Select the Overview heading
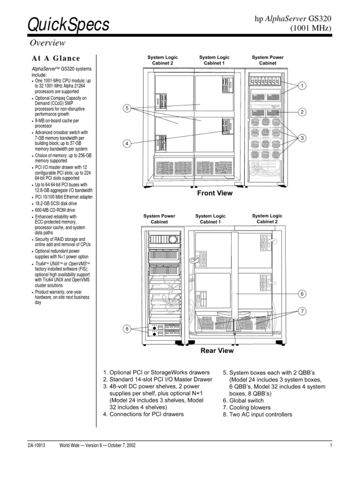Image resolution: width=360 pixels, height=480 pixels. (x=47, y=43)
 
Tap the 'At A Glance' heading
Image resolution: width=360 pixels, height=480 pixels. (x=56, y=59)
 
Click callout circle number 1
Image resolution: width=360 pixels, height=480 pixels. (x=303, y=86)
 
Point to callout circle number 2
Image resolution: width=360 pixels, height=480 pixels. (x=303, y=112)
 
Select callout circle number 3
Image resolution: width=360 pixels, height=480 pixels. (x=303, y=138)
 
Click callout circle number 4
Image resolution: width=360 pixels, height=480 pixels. (x=127, y=143)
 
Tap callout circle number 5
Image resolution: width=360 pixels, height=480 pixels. (x=127, y=109)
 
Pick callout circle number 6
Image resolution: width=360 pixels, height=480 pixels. (x=303, y=293)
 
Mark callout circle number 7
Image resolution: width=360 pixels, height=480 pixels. (x=303, y=311)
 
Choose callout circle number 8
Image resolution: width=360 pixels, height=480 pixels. (x=127, y=329)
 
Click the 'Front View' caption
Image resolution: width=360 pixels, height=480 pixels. (x=215, y=193)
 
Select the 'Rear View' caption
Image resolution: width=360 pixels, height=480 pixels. (x=217, y=350)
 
